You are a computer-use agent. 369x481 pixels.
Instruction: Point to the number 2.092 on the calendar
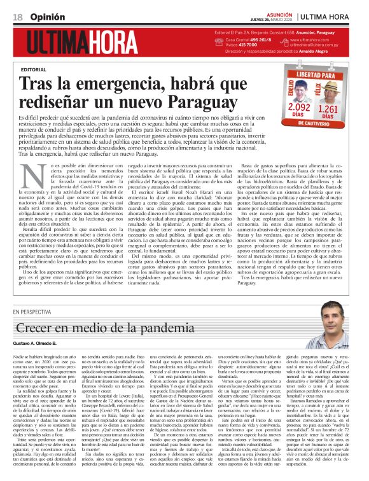tap(299, 108)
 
